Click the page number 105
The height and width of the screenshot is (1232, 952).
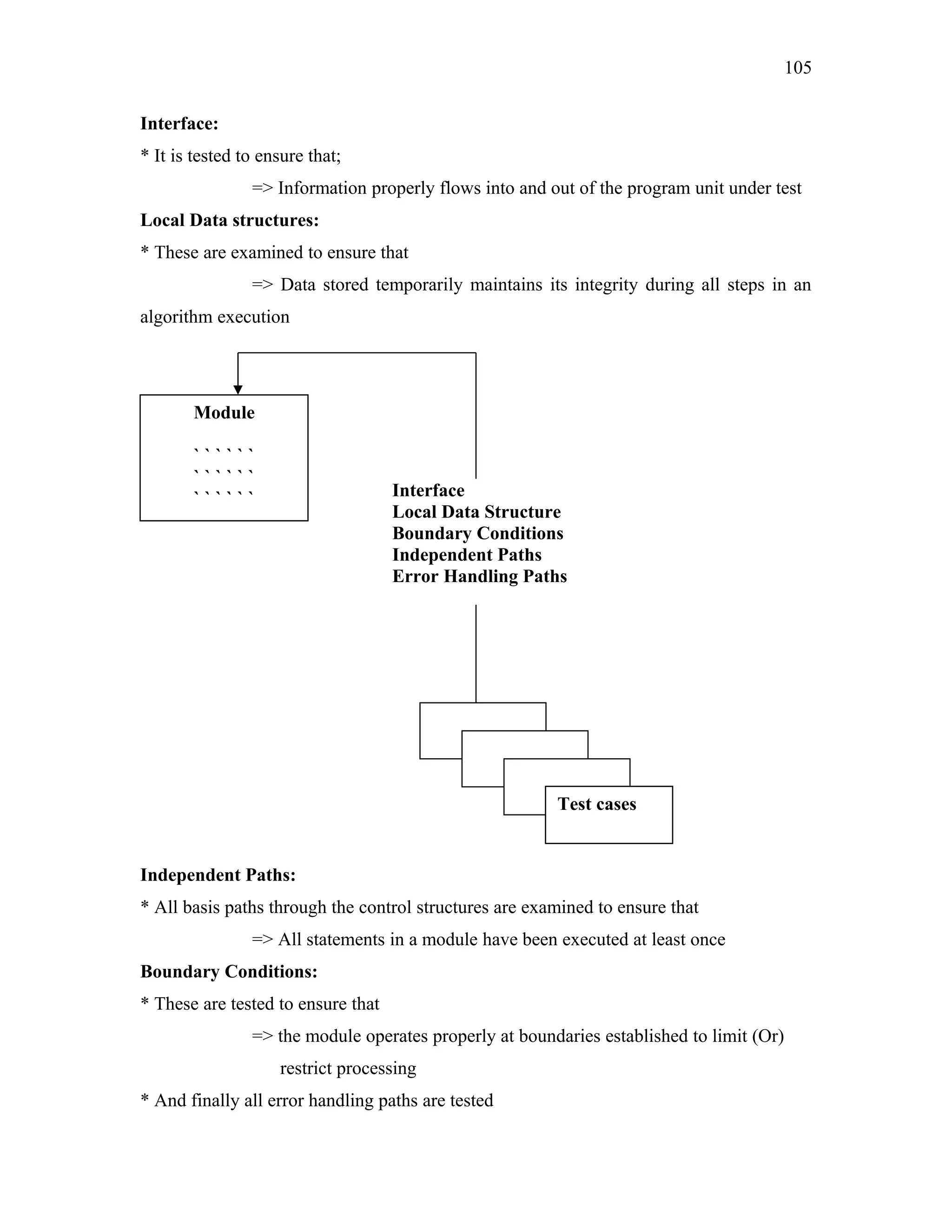pyautogui.click(x=798, y=68)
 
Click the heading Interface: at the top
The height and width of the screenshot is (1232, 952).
pyautogui.click(x=179, y=124)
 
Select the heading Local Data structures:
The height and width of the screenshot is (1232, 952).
pyautogui.click(x=229, y=220)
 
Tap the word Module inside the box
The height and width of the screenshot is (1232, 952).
pyautogui.click(x=224, y=412)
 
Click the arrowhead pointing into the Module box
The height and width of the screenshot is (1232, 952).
pyautogui.click(x=238, y=390)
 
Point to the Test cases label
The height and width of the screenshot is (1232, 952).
pyautogui.click(x=597, y=804)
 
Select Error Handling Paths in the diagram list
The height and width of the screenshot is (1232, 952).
pyautogui.click(x=479, y=576)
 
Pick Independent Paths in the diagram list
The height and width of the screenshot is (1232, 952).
pyautogui.click(x=466, y=555)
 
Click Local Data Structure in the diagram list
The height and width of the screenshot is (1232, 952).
pyautogui.click(x=476, y=512)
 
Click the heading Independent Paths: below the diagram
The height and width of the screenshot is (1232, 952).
pyautogui.click(x=218, y=875)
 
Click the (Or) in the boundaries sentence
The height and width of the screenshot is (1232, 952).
pyautogui.click(x=767, y=1036)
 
